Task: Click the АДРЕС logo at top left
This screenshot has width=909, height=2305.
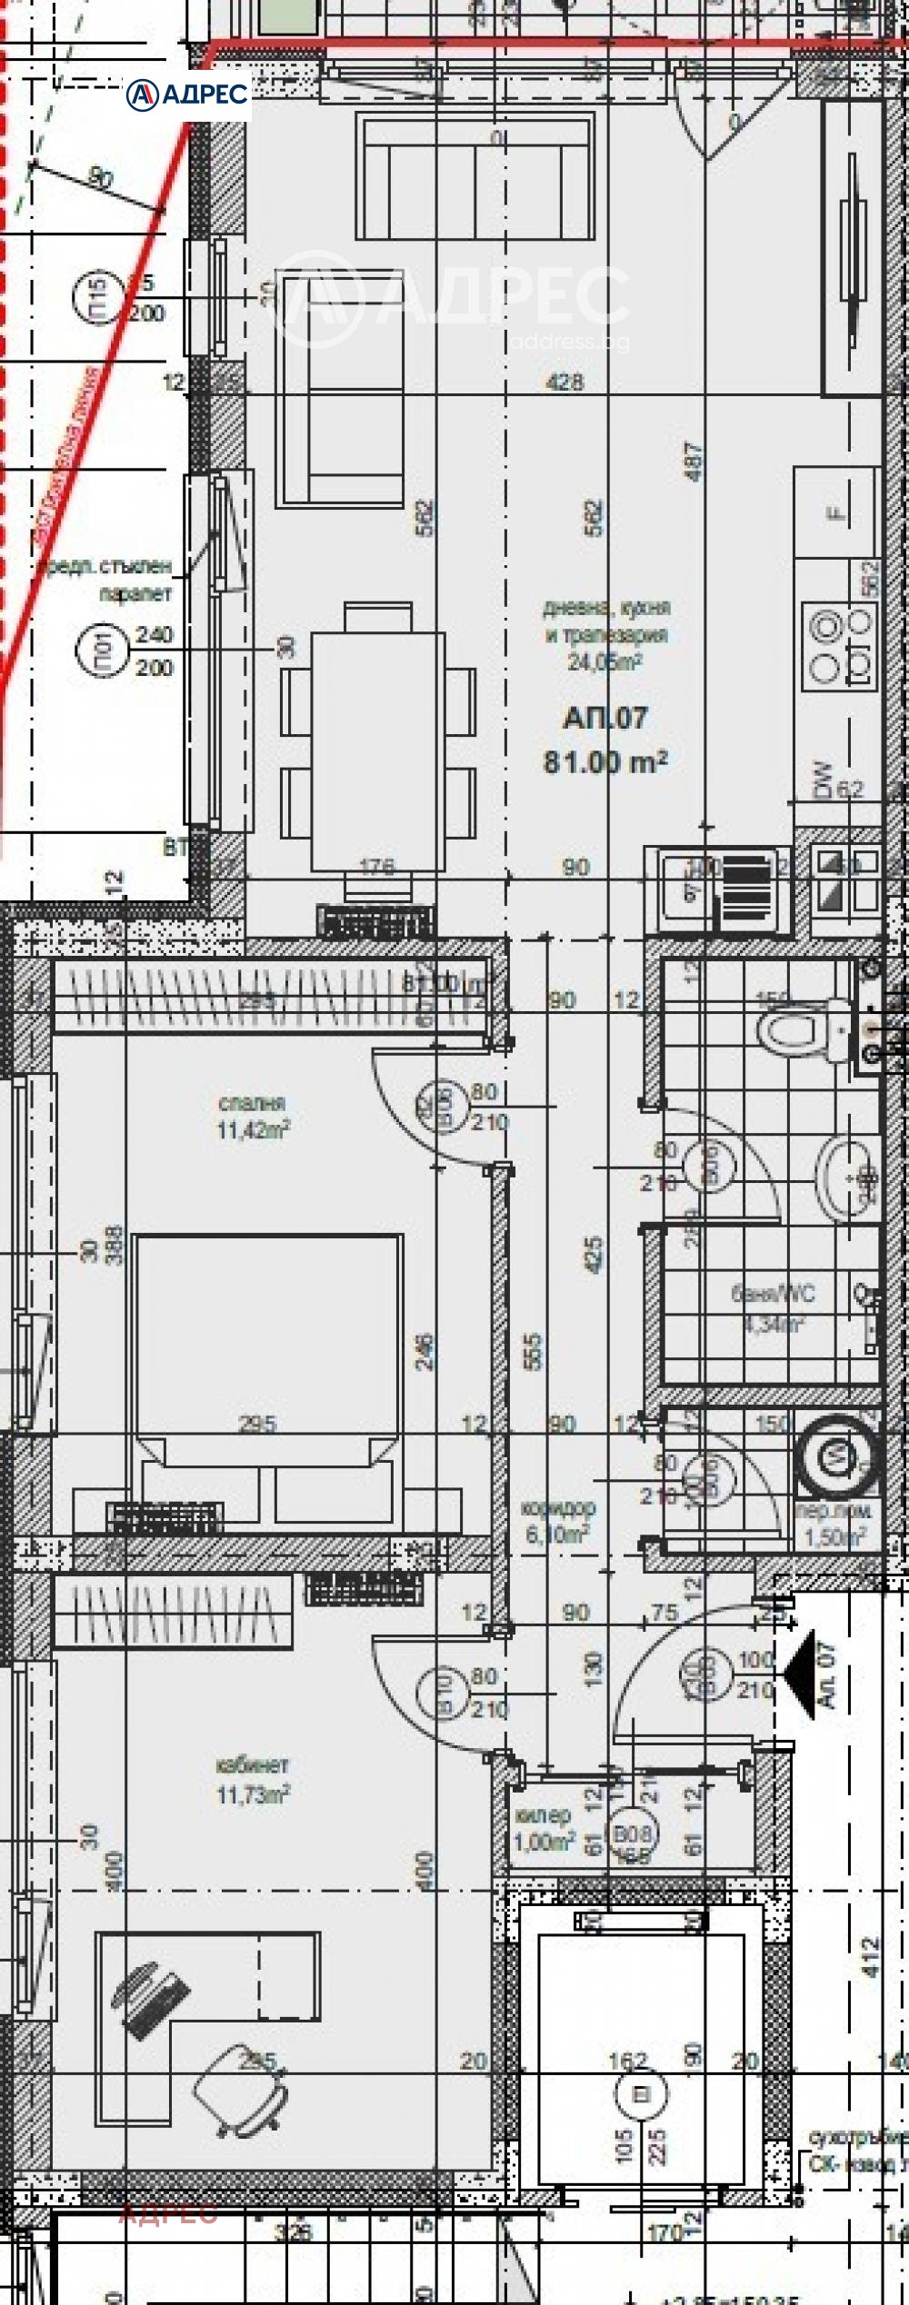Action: pyautogui.click(x=187, y=93)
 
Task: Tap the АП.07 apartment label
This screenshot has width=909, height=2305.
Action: pyautogui.click(x=605, y=719)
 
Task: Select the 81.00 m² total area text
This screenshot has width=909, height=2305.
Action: pyautogui.click(x=605, y=761)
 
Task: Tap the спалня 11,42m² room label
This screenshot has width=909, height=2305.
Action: pyautogui.click(x=254, y=1116)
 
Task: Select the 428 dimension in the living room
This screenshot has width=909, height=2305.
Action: pyautogui.click(x=564, y=382)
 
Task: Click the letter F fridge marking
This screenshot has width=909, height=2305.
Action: pyautogui.click(x=835, y=514)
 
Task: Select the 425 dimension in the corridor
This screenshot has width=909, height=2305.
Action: pyautogui.click(x=594, y=1255)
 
